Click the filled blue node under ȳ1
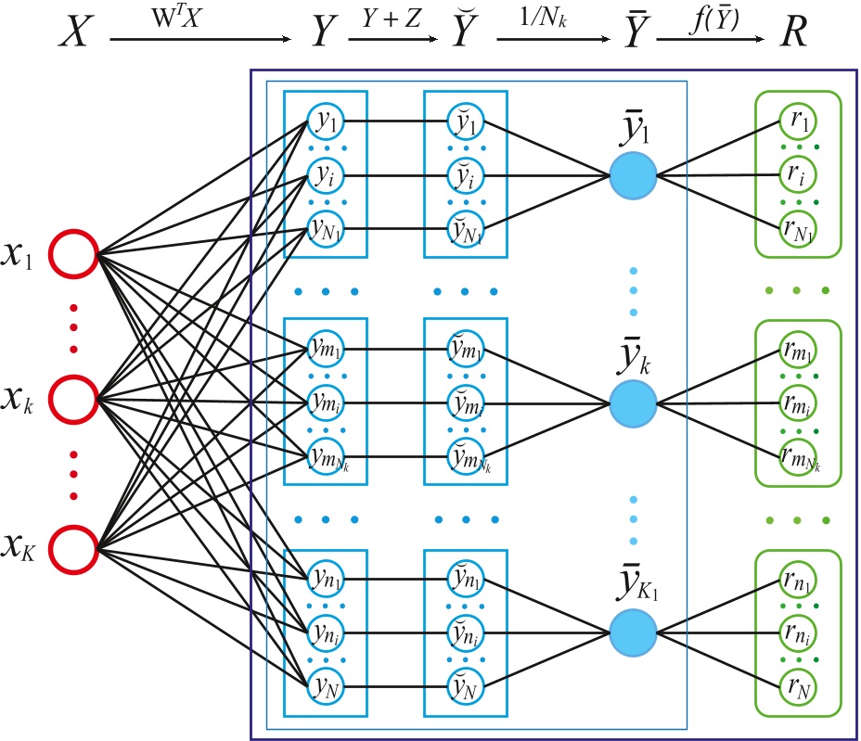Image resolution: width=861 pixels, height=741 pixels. click(x=633, y=173)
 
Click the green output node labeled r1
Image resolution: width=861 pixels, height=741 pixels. click(x=797, y=120)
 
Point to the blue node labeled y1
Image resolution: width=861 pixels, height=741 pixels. click(x=326, y=120)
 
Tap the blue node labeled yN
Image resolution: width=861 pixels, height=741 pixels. click(x=326, y=688)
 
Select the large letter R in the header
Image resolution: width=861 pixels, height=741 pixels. click(x=793, y=33)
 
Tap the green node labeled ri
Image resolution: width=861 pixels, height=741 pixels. click(x=797, y=173)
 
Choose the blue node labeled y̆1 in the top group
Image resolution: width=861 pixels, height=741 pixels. click(x=463, y=120)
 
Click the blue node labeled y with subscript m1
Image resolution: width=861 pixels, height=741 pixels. click(x=326, y=351)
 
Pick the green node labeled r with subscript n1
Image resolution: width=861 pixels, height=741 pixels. click(x=797, y=581)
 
